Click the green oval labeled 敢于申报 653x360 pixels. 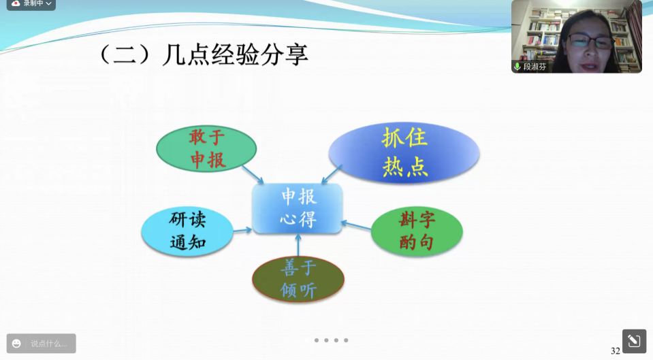pos(206,148)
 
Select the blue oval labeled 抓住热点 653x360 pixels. pos(404,152)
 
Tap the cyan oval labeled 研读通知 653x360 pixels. pos(187,231)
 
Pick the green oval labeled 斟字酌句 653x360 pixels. pos(417,231)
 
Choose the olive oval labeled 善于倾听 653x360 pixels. pos(298,279)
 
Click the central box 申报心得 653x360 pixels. pos(298,208)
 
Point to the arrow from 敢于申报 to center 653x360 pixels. pos(253,174)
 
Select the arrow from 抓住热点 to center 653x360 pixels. pos(332,174)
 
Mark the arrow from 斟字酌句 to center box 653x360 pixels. pos(355,225)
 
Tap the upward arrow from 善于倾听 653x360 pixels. pos(298,245)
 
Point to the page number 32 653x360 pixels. pos(615,351)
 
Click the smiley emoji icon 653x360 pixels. pos(16,344)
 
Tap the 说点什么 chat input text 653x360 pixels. pos(49,344)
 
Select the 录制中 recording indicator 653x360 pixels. pos(31,4)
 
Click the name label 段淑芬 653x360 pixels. pos(535,67)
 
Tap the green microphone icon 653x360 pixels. pos(517,67)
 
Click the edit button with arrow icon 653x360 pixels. pos(634,341)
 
